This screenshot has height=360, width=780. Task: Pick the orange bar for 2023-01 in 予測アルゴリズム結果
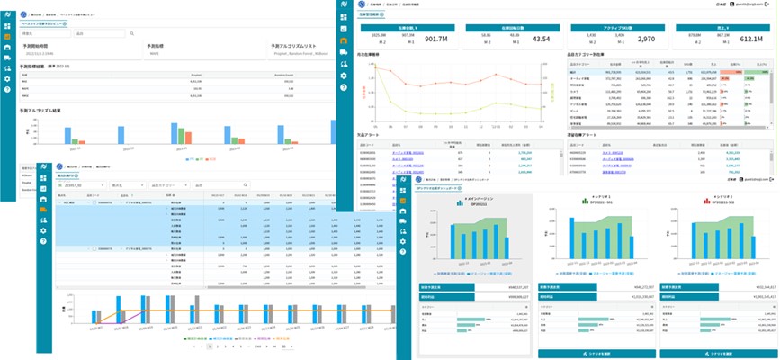[x=83, y=144]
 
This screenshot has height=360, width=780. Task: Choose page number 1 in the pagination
[x=210, y=346]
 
